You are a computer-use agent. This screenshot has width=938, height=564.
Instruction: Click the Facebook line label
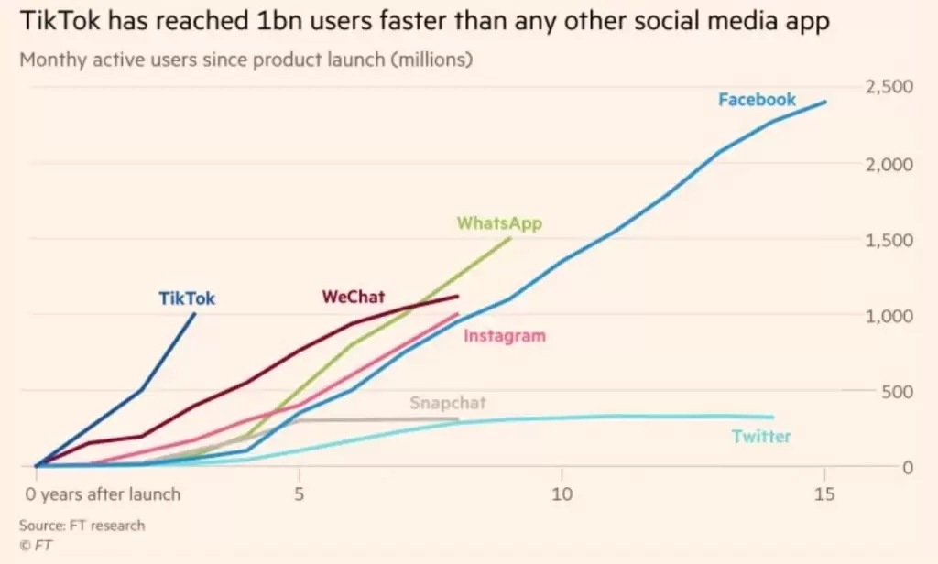pyautogui.click(x=757, y=100)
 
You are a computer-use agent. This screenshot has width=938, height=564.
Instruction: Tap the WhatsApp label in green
pyautogui.click(x=499, y=223)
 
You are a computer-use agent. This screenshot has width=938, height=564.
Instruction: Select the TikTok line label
pyautogui.click(x=187, y=298)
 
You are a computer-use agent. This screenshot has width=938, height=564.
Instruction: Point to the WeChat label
pyautogui.click(x=353, y=297)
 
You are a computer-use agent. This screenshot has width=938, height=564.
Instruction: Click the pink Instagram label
pyautogui.click(x=504, y=336)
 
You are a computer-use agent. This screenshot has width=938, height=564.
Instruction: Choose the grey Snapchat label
pyautogui.click(x=447, y=403)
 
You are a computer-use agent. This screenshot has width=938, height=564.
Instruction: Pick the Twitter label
pyautogui.click(x=761, y=437)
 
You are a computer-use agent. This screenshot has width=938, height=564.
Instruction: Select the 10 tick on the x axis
pyautogui.click(x=562, y=494)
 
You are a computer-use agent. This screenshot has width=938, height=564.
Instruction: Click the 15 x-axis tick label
pyautogui.click(x=824, y=494)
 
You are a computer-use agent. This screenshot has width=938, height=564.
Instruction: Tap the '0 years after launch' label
pyautogui.click(x=103, y=494)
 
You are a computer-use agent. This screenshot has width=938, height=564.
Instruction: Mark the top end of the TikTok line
pyautogui.click(x=195, y=313)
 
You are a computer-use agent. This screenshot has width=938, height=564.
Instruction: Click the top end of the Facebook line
pyautogui.click(x=825, y=102)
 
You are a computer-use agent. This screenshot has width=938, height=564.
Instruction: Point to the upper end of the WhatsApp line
pyautogui.click(x=509, y=238)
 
